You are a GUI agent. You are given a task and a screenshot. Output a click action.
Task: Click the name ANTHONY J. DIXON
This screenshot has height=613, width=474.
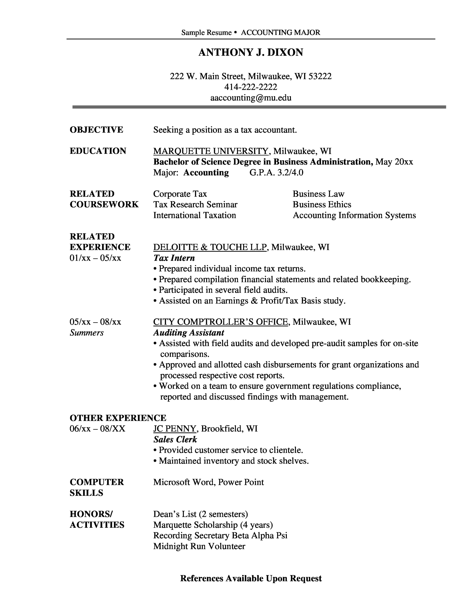point(251,52)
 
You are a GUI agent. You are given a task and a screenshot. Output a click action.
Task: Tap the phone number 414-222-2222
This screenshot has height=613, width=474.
point(251,87)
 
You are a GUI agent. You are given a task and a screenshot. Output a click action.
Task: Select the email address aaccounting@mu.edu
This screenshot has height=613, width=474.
point(251,98)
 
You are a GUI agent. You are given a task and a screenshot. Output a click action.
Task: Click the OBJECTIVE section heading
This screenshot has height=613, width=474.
point(96,130)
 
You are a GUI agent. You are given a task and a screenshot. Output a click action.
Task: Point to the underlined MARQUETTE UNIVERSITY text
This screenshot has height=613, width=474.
point(210,151)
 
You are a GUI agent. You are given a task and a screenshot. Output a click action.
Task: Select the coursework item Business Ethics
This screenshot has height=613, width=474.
point(322,204)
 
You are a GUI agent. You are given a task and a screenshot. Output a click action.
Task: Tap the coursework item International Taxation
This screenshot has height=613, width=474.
point(194,215)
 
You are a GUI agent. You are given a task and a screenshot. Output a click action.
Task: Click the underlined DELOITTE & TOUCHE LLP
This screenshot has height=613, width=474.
point(210,247)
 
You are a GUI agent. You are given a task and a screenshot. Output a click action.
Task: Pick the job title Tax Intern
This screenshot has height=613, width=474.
point(174,258)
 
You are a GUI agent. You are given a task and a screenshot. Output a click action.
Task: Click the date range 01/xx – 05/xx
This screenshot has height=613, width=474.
point(95,258)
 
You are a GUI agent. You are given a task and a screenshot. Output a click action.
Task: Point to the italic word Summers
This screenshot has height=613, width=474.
point(87,333)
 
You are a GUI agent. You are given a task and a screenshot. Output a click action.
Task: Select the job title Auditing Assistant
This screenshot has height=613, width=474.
point(189,333)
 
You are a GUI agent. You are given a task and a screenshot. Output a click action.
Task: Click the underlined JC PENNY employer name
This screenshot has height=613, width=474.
point(174,429)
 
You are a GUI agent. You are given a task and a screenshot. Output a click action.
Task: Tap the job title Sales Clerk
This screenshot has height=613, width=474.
point(175,439)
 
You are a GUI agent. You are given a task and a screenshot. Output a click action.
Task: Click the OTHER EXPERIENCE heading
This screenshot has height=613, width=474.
point(118,418)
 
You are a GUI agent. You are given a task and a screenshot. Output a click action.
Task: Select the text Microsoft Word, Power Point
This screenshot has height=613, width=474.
point(208,482)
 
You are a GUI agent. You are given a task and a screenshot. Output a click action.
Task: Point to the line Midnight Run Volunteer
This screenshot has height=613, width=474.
point(199,546)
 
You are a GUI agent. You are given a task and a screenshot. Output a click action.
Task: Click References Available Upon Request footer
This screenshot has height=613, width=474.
point(251,578)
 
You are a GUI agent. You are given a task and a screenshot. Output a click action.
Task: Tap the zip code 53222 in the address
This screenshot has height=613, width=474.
point(320,76)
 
